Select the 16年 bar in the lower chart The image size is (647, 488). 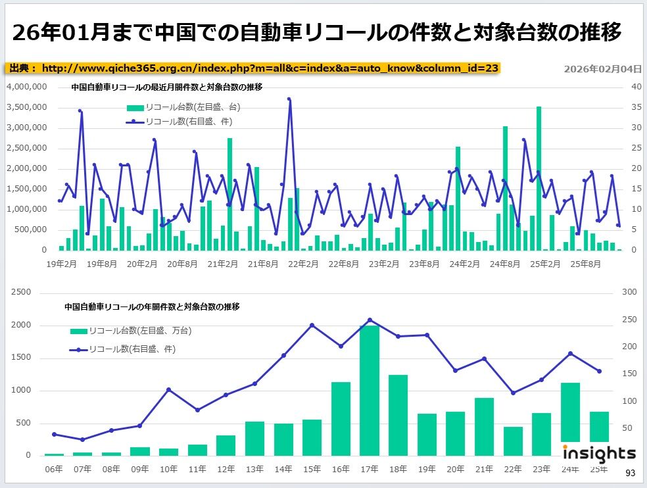tap(341, 418)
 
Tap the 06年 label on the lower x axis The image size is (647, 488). tap(54, 469)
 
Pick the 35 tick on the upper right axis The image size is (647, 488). tap(636, 107)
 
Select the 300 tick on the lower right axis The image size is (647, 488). tap(629, 292)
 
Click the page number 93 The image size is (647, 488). tap(631, 473)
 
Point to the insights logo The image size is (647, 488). tap(599, 452)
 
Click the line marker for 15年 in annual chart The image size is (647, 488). tap(312, 325)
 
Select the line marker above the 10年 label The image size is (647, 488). tap(169, 390)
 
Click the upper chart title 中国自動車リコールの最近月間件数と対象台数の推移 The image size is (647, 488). tap(166, 87)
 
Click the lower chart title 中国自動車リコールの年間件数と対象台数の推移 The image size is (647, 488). tap(152, 306)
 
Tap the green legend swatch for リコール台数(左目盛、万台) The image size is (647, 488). tap(78, 330)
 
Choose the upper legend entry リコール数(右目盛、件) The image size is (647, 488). tap(179, 122)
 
